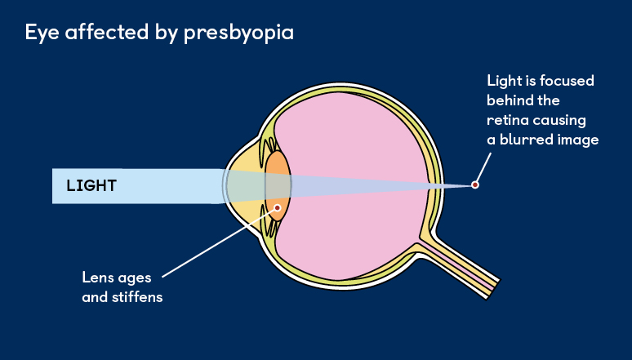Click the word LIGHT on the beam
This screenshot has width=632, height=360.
click(91, 186)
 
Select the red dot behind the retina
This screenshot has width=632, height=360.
click(474, 185)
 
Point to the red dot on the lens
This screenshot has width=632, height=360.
click(278, 207)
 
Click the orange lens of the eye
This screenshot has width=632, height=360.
click(278, 176)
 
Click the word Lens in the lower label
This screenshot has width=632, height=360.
click(98, 277)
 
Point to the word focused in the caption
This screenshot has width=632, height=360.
click(567, 82)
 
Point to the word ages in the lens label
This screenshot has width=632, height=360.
click(134, 277)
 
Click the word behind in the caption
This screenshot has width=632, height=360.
click(511, 100)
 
